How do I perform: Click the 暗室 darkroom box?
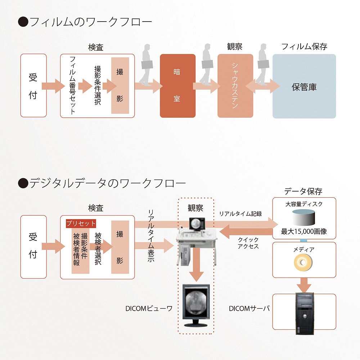[177, 86]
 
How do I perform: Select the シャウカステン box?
[235, 86]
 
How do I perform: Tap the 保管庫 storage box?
[304, 86]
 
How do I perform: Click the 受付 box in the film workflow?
[33, 86]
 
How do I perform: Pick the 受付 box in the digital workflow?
[33, 247]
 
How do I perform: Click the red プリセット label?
[81, 224]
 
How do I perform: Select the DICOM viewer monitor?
[196, 304]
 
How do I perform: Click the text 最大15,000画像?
[304, 231]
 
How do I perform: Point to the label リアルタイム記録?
[240, 213]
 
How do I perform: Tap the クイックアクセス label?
[248, 243]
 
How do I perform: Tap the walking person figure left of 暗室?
[146, 65]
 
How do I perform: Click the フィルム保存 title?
[304, 46]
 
